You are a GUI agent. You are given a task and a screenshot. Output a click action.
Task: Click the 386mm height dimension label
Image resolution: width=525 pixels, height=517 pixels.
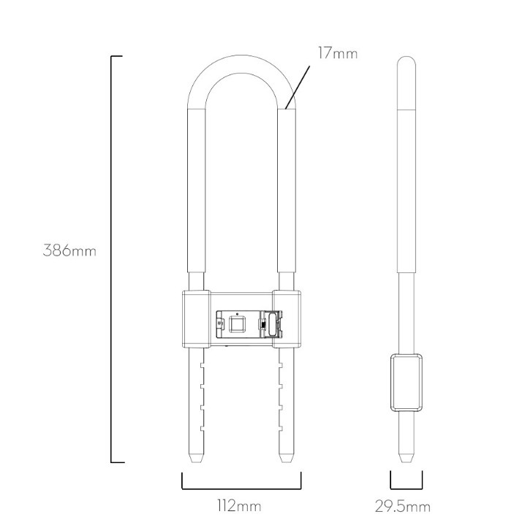tap(69, 250)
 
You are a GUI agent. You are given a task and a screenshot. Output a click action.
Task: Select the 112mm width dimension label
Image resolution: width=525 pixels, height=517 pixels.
tap(240, 505)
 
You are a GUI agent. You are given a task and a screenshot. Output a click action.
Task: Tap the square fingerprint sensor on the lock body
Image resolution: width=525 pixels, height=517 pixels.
tap(238, 323)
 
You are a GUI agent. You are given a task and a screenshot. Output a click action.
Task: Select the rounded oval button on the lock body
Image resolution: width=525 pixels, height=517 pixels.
tap(273, 323)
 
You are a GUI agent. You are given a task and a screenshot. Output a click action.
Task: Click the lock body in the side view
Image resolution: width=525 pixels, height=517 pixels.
tap(407, 382)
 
